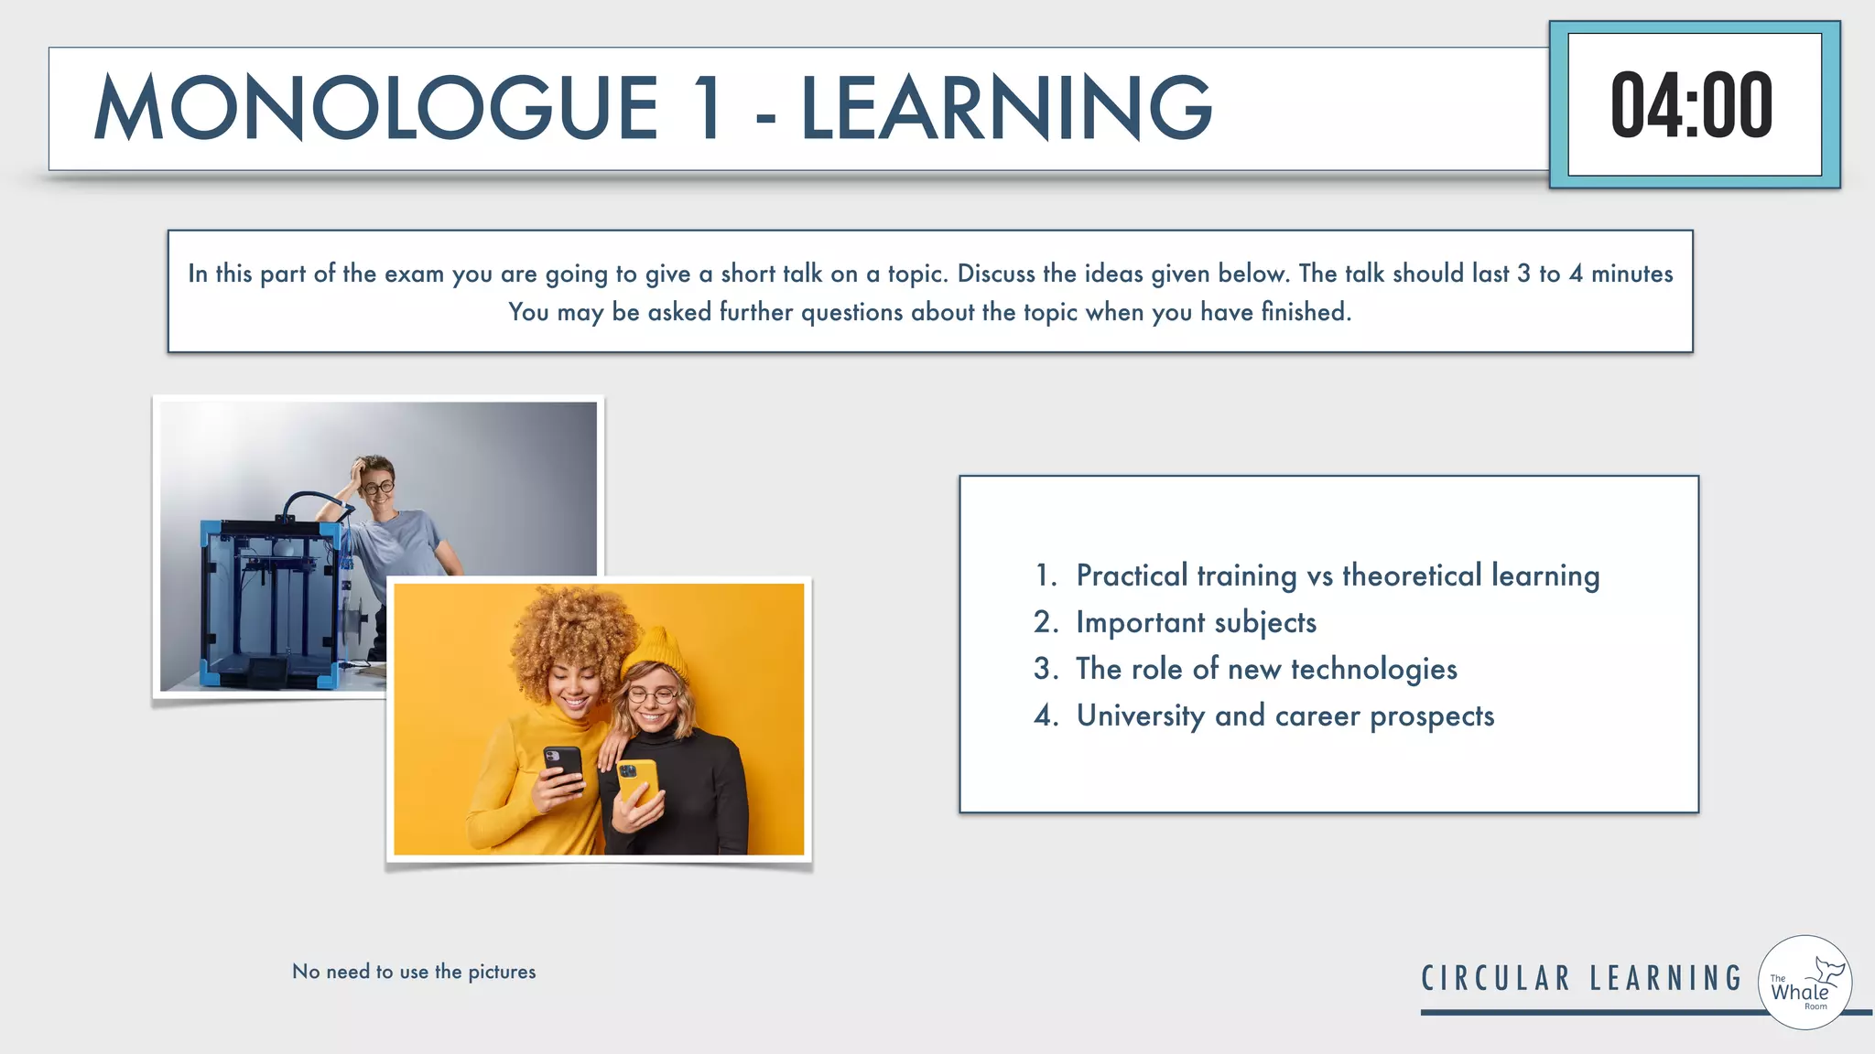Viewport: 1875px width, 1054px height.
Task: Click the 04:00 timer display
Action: tap(1693, 105)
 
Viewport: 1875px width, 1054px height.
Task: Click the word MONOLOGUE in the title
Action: tap(375, 108)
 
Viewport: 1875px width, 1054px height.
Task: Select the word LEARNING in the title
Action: tap(1006, 108)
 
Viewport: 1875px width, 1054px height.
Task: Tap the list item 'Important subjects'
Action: tap(1196, 622)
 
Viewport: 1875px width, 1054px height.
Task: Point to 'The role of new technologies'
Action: tap(1266, 669)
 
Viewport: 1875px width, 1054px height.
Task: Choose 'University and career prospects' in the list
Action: tap(1284, 715)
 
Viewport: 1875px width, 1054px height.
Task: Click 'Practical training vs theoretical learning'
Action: tap(1337, 575)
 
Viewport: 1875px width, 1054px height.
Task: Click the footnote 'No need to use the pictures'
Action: tap(414, 972)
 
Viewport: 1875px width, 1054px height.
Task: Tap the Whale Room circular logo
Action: tap(1805, 983)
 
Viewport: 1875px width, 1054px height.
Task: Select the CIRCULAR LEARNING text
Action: tap(1581, 978)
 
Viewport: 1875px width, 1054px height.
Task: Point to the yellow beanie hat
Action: tap(657, 650)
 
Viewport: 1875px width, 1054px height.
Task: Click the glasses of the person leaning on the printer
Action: tap(377, 488)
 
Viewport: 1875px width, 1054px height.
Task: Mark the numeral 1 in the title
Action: tap(708, 108)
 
